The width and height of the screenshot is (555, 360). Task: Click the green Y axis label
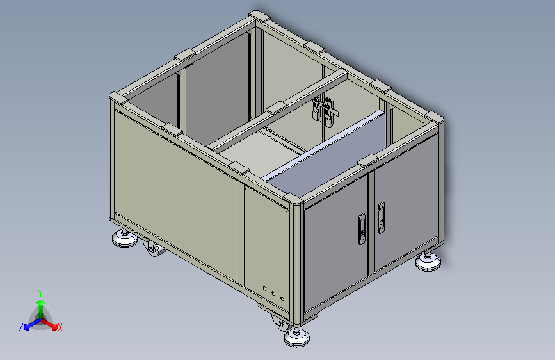click(x=40, y=291)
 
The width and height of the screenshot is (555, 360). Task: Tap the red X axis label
click(x=60, y=327)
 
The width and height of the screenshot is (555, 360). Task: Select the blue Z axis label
click(x=21, y=327)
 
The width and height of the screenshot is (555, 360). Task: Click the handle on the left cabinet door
click(x=360, y=228)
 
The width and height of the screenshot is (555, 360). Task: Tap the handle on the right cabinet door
click(x=382, y=217)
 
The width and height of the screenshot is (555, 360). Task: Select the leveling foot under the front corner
click(x=296, y=338)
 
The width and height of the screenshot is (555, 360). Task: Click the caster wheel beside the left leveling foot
click(x=154, y=249)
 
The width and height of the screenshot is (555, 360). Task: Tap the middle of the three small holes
click(x=273, y=294)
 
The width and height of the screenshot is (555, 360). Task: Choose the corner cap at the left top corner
click(x=118, y=98)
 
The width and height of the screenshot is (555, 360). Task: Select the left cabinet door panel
click(x=337, y=241)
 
